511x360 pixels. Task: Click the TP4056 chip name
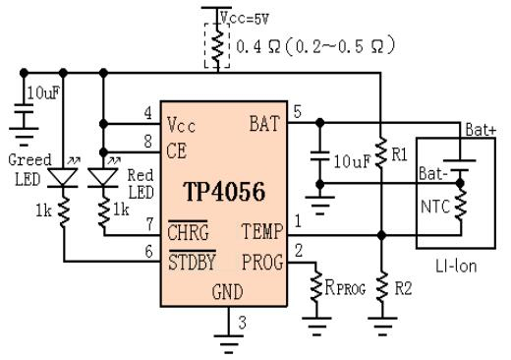coord(224,192)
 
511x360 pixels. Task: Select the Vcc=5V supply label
coord(245,18)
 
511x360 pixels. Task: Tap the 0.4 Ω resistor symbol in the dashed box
coord(217,46)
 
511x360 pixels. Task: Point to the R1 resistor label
coord(400,154)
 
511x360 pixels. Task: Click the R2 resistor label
coord(403,288)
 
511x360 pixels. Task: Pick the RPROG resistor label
coord(345,287)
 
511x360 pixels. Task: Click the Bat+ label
coord(481,130)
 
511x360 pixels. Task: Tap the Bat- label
coord(433,173)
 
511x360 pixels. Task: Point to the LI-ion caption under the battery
coord(456,267)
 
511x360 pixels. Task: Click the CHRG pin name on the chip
coord(188,232)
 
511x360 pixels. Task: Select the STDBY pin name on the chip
coord(192,262)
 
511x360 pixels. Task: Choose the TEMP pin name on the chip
coord(262,231)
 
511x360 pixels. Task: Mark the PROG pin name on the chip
coord(262,263)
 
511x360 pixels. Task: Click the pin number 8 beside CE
coord(148,142)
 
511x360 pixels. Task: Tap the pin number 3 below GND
coord(243,323)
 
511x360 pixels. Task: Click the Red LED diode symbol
coord(103,178)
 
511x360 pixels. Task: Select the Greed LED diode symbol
coord(63,178)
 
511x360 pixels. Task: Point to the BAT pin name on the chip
coord(265,124)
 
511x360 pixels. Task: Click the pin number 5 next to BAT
coord(297,112)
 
